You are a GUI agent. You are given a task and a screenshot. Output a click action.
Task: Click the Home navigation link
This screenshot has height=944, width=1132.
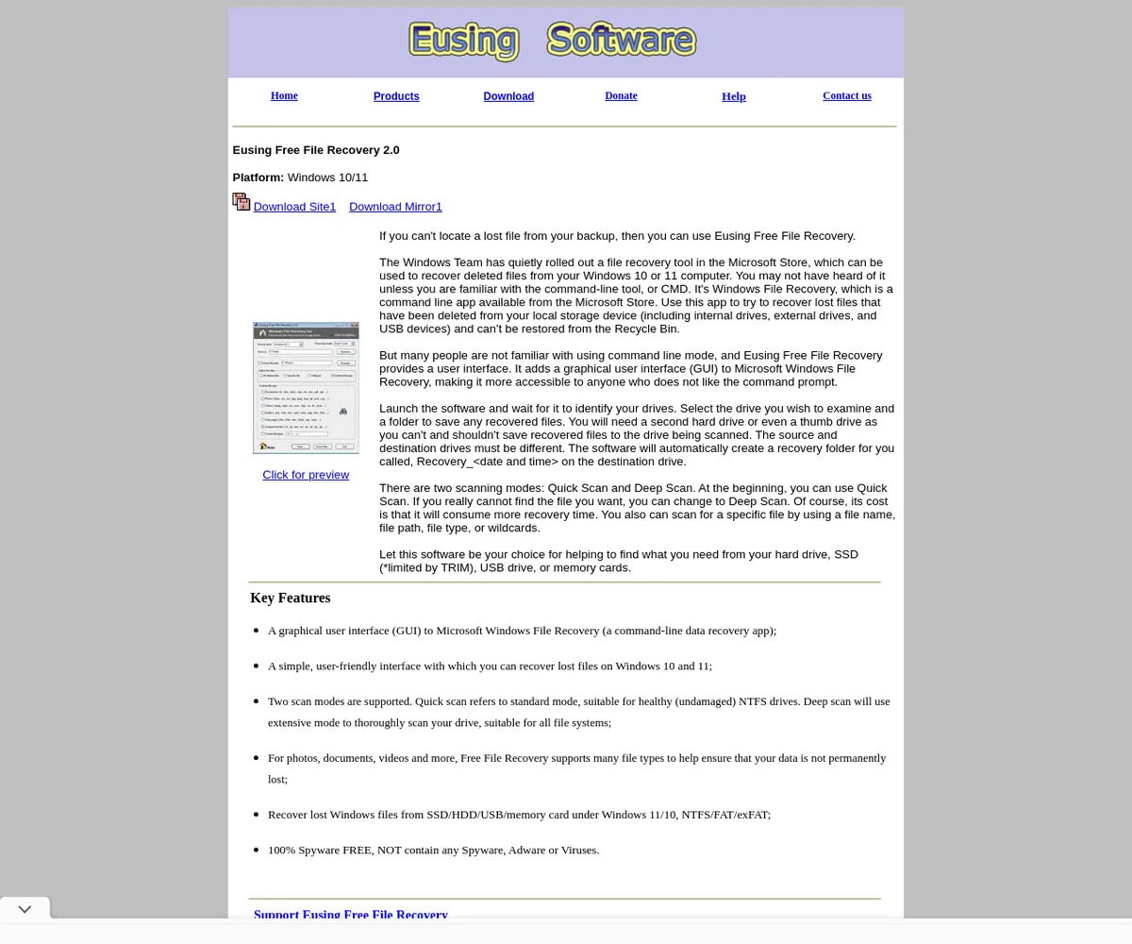[284, 95]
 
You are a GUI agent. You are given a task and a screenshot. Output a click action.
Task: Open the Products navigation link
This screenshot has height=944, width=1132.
[396, 96]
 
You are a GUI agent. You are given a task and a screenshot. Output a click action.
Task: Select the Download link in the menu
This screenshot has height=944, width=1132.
[508, 96]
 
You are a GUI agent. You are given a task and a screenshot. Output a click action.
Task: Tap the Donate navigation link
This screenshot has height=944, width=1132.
[621, 95]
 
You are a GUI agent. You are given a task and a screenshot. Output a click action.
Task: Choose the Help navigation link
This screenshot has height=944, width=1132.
[734, 96]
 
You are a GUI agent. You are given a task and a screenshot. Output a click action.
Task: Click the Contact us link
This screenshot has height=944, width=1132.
[847, 95]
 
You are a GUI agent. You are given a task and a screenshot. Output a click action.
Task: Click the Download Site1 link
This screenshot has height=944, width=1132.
[294, 207]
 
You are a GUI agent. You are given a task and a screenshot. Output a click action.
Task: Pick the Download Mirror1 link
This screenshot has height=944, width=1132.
[395, 207]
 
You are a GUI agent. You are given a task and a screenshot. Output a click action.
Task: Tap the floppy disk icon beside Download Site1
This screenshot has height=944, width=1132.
[241, 202]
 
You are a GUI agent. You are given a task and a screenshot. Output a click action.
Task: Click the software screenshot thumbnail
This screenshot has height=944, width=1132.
[306, 387]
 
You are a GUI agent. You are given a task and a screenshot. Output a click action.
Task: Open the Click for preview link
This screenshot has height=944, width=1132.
[306, 475]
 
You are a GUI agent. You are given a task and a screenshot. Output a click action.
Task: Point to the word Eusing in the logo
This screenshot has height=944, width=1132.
[463, 41]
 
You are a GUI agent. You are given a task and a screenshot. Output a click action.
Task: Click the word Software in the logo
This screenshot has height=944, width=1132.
[622, 41]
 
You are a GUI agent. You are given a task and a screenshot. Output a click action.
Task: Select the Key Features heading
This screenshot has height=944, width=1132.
[291, 598]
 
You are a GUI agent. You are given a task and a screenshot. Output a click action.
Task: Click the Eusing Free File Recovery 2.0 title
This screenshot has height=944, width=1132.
[316, 150]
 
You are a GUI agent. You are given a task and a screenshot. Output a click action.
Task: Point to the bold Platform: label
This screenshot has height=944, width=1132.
[258, 177]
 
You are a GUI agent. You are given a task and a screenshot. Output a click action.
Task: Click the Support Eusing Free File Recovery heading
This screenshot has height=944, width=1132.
[351, 914]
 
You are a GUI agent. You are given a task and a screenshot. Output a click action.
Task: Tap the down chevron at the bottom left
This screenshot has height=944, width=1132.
[25, 909]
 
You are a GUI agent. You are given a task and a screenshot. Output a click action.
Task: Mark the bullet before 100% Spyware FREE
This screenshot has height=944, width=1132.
[257, 851]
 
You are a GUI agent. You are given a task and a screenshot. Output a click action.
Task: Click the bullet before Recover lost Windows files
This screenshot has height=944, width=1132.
[257, 815]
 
